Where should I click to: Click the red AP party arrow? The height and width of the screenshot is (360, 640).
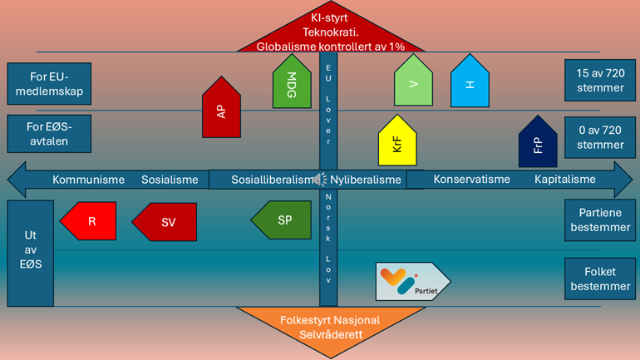tap(221, 109)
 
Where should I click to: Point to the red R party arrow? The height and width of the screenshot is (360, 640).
tap(88, 221)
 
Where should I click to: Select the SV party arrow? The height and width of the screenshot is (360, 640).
tap(165, 222)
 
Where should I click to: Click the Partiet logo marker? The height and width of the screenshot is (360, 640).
tap(411, 281)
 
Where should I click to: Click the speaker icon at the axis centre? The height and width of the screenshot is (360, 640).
tap(320, 179)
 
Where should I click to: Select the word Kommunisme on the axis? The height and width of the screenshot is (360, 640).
tap(88, 180)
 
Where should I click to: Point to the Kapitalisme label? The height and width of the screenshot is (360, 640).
tap(565, 180)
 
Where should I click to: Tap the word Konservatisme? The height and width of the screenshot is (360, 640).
tap(470, 180)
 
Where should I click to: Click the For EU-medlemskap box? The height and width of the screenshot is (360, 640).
tap(48, 82)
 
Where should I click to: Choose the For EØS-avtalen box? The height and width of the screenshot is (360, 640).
tap(48, 134)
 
